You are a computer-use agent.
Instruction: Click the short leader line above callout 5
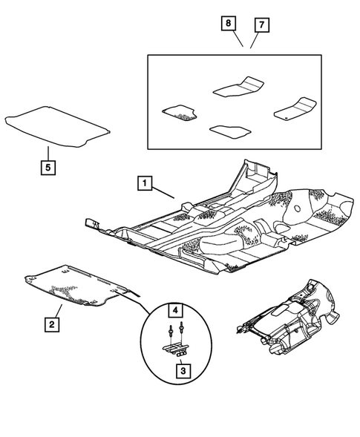click(48, 153)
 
